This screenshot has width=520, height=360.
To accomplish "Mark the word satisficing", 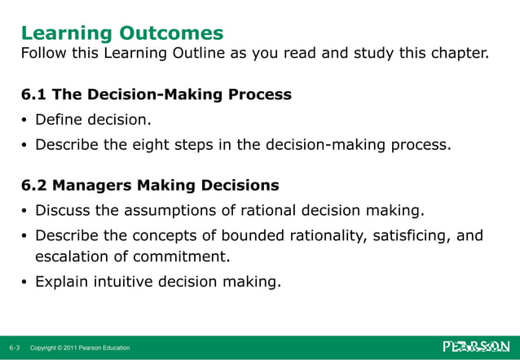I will (x=415, y=236).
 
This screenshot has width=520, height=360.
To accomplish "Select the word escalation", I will (x=70, y=258).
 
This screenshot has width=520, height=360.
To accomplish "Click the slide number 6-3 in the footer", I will (x=15, y=348).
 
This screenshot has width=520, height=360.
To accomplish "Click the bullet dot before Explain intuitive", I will (x=24, y=284).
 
